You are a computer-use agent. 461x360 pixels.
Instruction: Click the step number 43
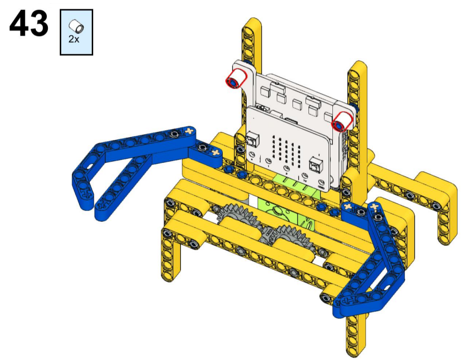point(28,23)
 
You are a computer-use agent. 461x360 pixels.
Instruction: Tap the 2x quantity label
point(74,39)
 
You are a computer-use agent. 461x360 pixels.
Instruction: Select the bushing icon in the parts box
point(76,26)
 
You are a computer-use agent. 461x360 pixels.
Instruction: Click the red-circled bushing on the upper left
point(236,78)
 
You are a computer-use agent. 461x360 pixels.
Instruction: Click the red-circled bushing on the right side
point(341,121)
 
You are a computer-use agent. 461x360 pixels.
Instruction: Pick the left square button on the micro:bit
point(253,139)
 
